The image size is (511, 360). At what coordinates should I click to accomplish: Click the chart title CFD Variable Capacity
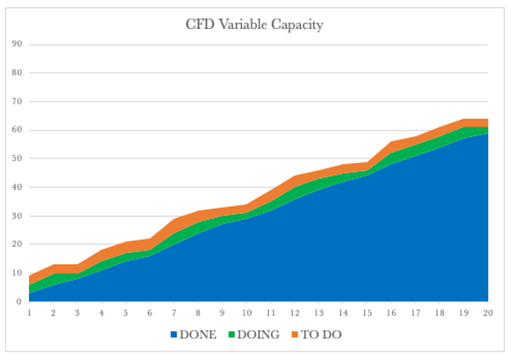(254, 24)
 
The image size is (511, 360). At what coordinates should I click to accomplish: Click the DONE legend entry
(198, 335)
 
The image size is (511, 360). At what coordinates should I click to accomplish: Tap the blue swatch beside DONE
(173, 335)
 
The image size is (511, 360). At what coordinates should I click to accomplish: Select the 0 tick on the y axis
(17, 301)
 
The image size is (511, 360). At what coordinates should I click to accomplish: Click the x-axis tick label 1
(29, 312)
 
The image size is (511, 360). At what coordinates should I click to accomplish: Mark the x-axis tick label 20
(488, 312)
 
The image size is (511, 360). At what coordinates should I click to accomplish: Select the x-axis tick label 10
(246, 312)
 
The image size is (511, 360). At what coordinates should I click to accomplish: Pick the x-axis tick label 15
(367, 312)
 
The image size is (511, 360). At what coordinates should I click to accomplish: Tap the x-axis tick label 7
(174, 312)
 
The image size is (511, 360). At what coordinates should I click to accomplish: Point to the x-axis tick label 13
(319, 312)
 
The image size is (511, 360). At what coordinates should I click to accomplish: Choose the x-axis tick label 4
(102, 312)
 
